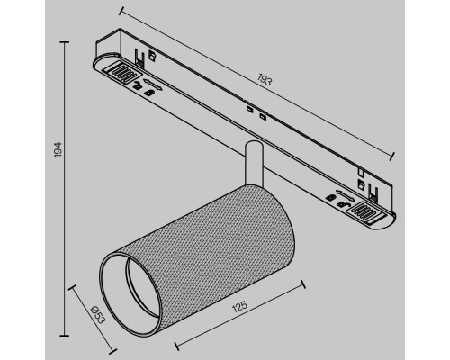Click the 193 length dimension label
coord(265,80)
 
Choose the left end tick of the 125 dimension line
coord(173,345)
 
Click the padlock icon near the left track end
coord(134,85)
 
